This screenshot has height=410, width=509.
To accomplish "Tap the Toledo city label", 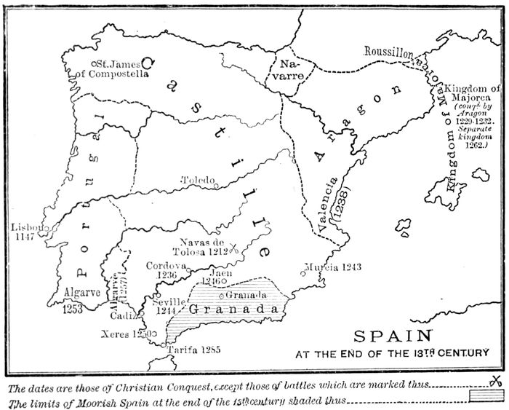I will (199, 180).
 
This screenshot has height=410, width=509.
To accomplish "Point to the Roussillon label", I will (388, 52).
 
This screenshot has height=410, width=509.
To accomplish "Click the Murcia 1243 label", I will (332, 267).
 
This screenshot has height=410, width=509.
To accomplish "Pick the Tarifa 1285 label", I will (195, 350).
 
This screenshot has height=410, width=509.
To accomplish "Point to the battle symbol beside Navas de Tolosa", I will (233, 250).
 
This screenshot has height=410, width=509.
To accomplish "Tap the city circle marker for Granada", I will (221, 294).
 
